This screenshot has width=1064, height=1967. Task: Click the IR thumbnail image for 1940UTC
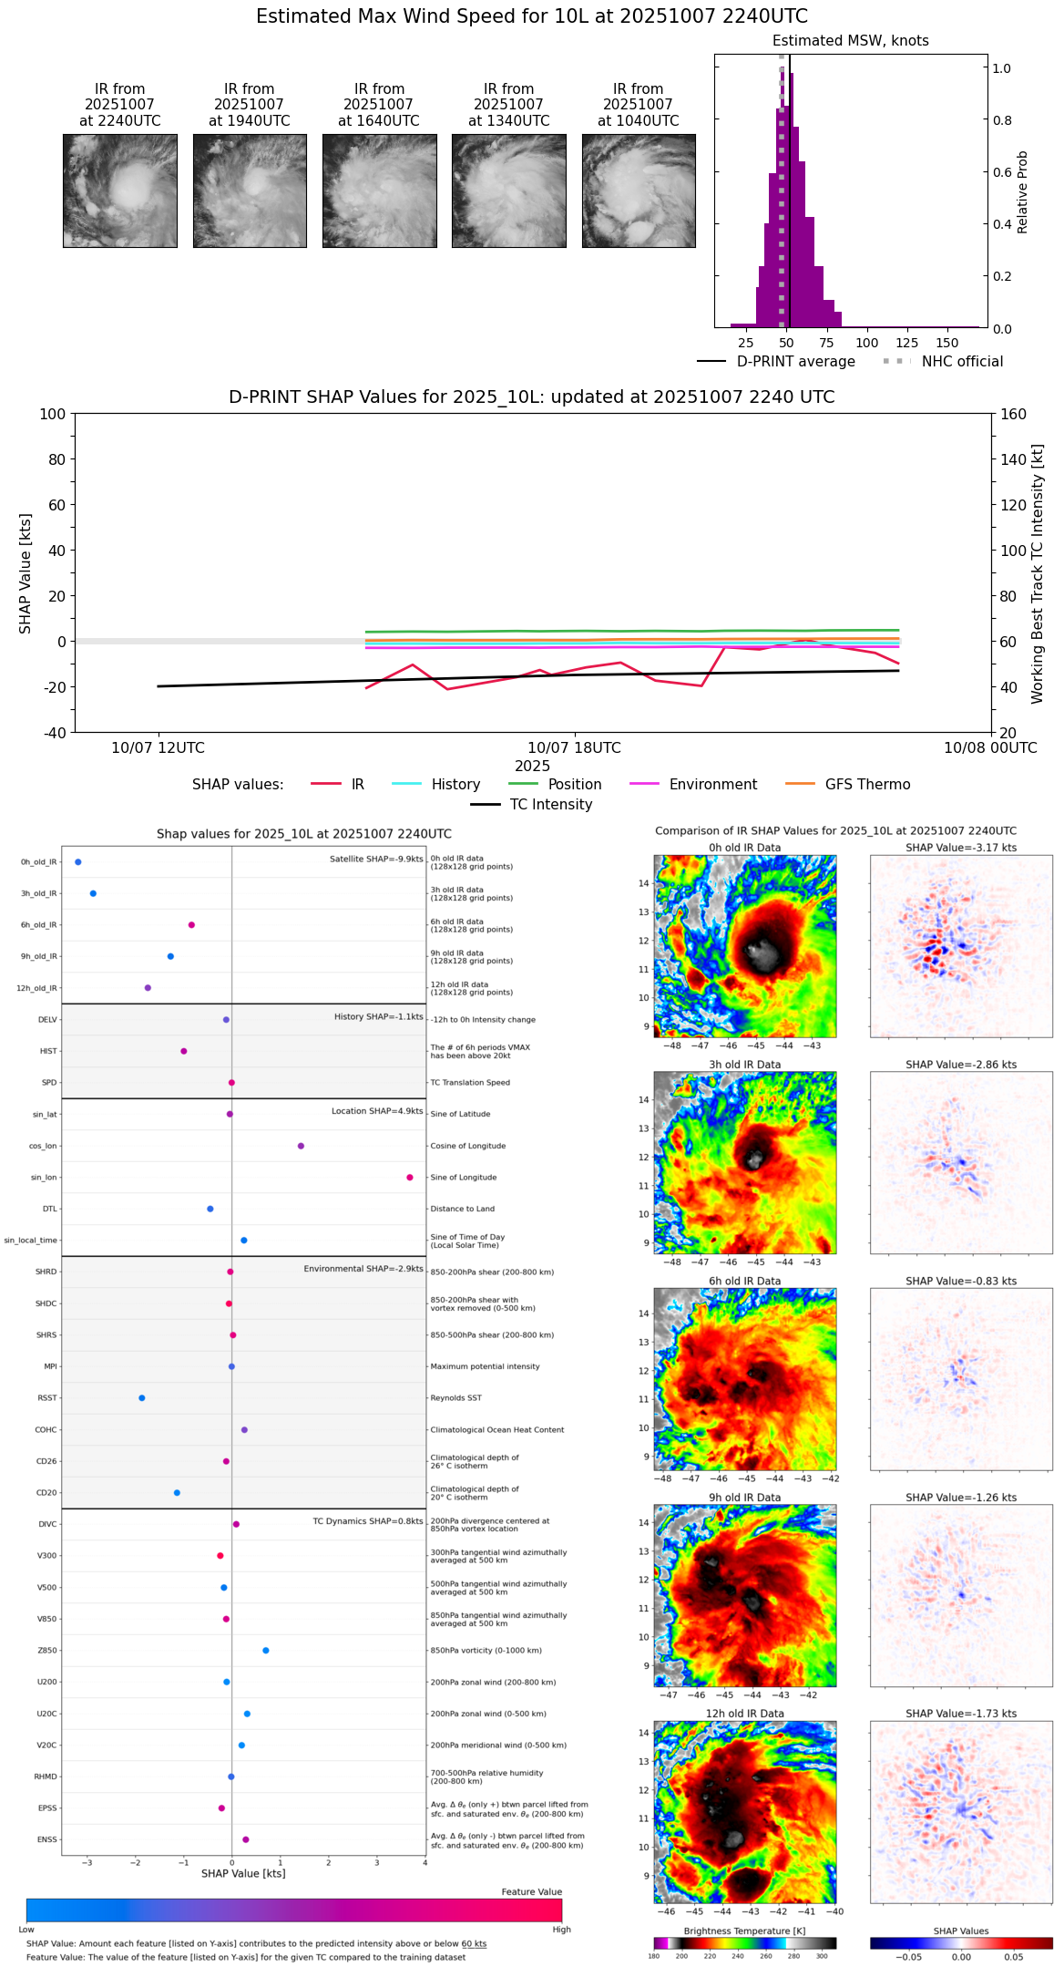[x=250, y=191]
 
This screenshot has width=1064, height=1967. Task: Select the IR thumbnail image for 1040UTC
[x=639, y=191]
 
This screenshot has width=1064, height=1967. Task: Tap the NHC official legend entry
[x=962, y=362]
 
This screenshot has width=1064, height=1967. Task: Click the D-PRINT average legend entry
[x=795, y=362]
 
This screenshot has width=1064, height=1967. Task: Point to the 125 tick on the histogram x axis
[x=907, y=343]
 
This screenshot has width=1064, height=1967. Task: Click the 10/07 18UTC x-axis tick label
[x=574, y=748]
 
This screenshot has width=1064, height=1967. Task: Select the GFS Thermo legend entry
[x=867, y=785]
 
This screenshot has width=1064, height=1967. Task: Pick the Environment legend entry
[x=712, y=785]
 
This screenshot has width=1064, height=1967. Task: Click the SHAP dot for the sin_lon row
[x=410, y=1178]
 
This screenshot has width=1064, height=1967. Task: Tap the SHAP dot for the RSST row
[x=141, y=1398]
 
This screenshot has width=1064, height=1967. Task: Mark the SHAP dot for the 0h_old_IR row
[x=78, y=862]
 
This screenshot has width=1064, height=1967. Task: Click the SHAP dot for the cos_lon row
[x=301, y=1146]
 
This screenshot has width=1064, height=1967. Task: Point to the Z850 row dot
[x=266, y=1651]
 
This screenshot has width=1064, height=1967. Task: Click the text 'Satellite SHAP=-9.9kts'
[x=376, y=859]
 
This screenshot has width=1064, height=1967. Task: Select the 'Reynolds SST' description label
[x=456, y=1398]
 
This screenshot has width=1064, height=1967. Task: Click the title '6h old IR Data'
[x=744, y=1282]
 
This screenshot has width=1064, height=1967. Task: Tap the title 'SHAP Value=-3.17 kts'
[x=961, y=848]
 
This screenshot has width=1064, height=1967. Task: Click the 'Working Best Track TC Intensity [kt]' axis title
[x=1038, y=574]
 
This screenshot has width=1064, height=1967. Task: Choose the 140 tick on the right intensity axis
[x=1013, y=459]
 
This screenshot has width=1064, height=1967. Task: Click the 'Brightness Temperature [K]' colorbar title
[x=744, y=1931]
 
